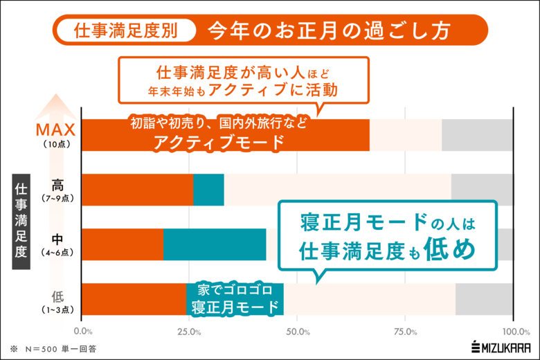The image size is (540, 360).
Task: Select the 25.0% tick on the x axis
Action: pyautogui.click(x=189, y=332)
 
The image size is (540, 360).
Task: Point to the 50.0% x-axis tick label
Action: pyautogui.click(x=297, y=332)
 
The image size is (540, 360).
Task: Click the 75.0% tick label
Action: pyautogui.click(x=405, y=332)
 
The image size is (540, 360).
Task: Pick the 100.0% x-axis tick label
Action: pyautogui.click(x=512, y=332)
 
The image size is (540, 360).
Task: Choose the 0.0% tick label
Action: pyautogui.click(x=82, y=332)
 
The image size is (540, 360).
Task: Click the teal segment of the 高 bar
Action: pyautogui.click(x=208, y=190)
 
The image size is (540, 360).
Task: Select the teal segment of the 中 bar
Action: pyautogui.click(x=215, y=244)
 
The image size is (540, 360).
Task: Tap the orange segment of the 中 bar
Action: pyautogui.click(x=123, y=244)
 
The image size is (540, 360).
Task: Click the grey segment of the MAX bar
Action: pyautogui.click(x=477, y=134)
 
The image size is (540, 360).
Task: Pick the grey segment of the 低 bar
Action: pyautogui.click(x=484, y=299)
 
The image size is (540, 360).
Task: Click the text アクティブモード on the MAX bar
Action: pyautogui.click(x=219, y=143)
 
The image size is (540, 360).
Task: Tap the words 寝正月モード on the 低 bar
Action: pyautogui.click(x=235, y=307)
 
